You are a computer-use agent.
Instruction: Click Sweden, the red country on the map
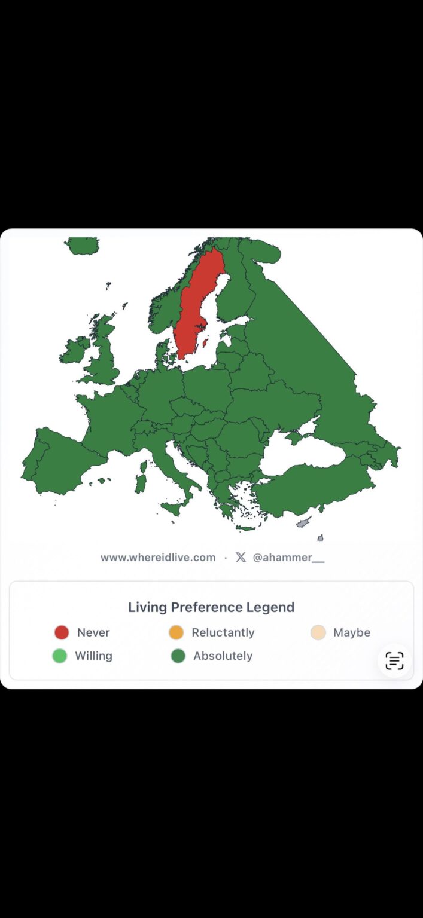point(196,305)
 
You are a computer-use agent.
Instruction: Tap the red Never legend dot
point(62,632)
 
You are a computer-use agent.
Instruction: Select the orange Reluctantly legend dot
point(176,632)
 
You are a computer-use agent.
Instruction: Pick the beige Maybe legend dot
point(318,632)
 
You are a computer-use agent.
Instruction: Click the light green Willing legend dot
point(60,656)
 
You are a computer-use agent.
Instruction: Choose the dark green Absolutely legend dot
point(178,656)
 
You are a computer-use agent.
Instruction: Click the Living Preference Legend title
point(211,607)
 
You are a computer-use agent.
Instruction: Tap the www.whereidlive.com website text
point(158,557)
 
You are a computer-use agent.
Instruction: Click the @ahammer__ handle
point(288,557)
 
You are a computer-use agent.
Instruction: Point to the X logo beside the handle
point(241,557)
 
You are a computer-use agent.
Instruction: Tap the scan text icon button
point(394,660)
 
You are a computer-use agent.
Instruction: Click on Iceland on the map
point(82,246)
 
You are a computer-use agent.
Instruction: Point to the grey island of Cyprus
point(304,523)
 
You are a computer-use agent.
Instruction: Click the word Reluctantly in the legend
point(223,632)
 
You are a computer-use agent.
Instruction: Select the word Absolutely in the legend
point(223,656)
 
